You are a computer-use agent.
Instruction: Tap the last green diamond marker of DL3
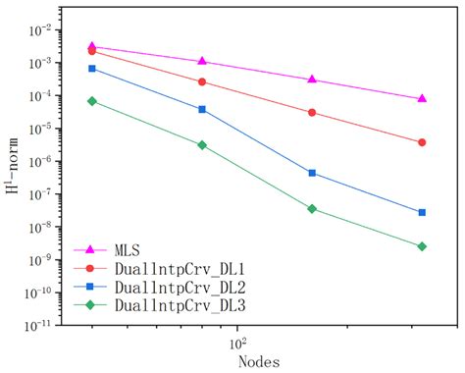[x=422, y=246]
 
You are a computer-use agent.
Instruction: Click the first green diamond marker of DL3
[x=91, y=101]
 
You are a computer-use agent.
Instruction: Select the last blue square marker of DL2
[x=422, y=212]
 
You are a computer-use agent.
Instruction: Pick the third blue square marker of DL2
[x=312, y=173]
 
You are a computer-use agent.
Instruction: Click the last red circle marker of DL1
[x=422, y=142]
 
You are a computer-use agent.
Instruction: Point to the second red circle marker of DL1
[x=202, y=82]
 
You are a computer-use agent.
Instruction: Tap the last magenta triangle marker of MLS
[x=422, y=98]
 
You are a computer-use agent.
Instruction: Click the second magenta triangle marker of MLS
[x=202, y=61]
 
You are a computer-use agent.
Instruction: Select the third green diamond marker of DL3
[x=312, y=209]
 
